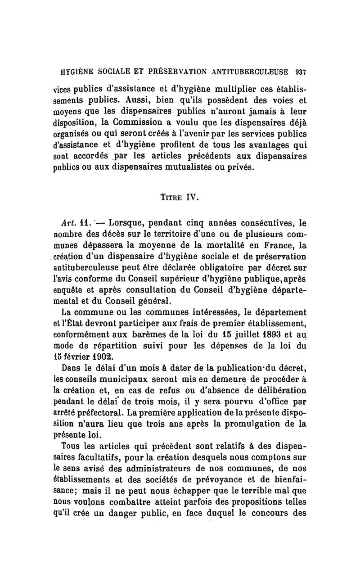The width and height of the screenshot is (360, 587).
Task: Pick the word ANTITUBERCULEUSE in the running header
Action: tap(246, 71)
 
